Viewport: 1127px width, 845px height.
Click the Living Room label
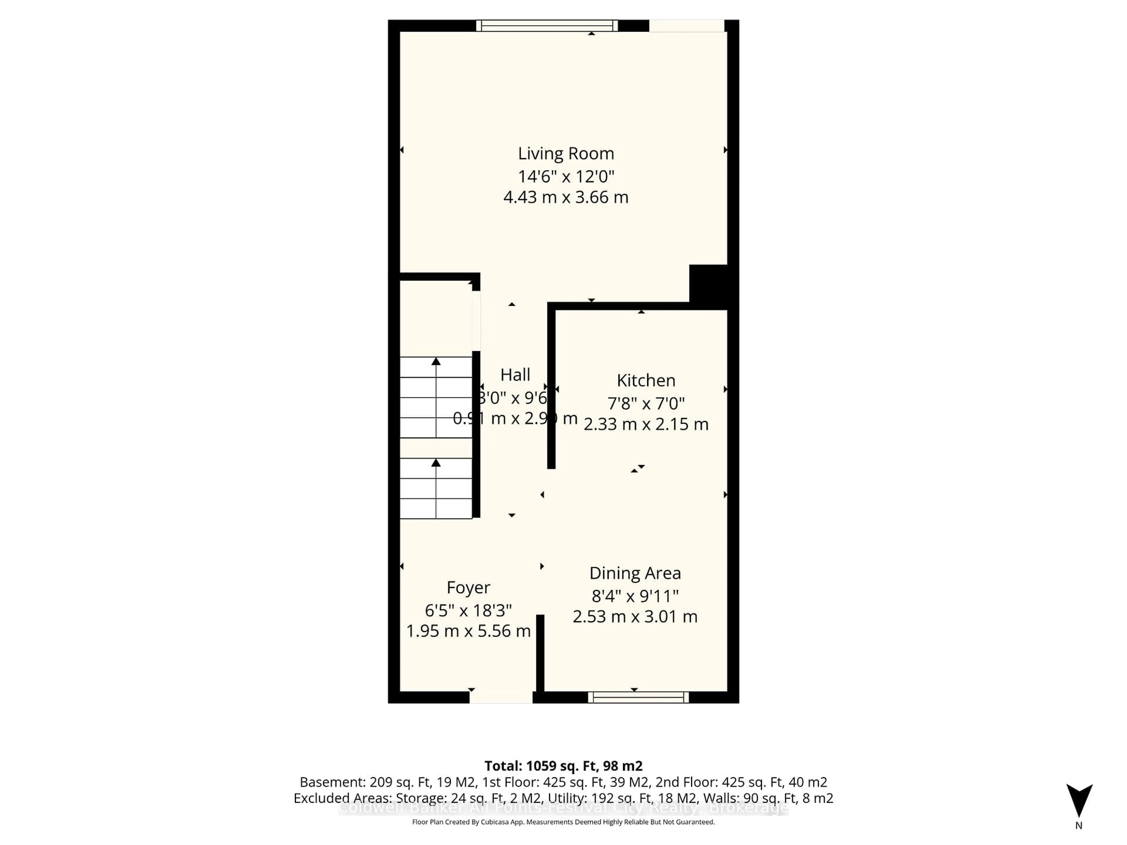point(566,153)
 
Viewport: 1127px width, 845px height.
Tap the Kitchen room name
point(645,381)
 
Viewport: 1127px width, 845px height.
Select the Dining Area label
point(635,573)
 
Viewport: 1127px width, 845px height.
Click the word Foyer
point(468,587)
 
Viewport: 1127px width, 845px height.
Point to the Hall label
point(515,375)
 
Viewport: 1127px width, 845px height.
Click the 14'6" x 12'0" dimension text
point(566,176)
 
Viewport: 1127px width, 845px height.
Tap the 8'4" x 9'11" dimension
point(635,595)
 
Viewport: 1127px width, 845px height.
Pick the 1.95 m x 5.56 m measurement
point(468,631)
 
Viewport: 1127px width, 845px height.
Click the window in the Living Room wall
point(547,26)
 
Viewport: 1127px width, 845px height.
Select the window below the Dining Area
point(638,697)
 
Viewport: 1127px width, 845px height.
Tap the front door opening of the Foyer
point(501,697)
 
